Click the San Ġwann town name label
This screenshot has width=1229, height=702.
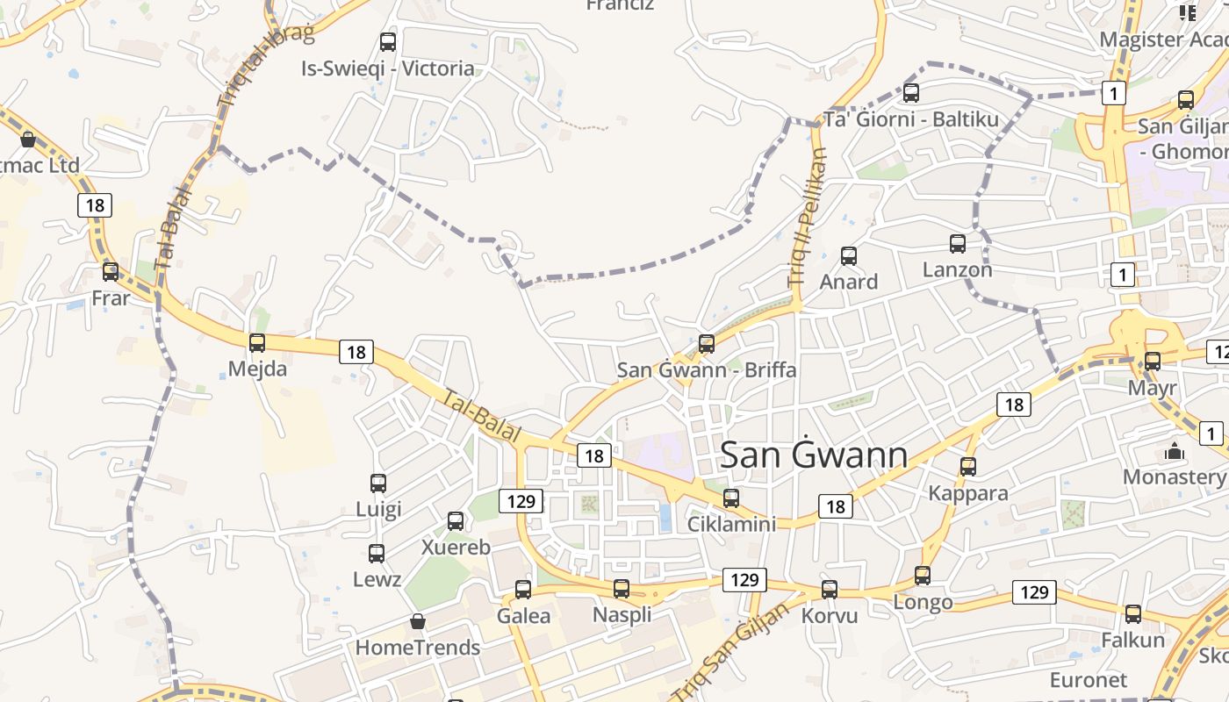coord(814,455)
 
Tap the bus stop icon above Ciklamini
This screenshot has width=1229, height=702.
coord(731,498)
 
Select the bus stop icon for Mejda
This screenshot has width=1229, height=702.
coord(257,343)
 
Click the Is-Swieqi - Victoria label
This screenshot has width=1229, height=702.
coord(387,68)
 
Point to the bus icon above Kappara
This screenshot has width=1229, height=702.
coord(968,467)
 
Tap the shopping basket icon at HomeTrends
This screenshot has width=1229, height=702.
coord(418,621)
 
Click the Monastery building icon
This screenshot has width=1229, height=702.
coord(1174,452)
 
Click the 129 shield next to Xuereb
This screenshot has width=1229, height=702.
coord(521,501)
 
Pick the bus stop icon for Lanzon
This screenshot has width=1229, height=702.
coord(958,244)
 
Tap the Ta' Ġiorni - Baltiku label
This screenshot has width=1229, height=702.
coord(911,119)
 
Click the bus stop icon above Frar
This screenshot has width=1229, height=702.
coord(111,272)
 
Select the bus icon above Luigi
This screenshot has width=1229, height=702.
coord(378,483)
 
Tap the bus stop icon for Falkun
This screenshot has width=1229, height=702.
coord(1133,614)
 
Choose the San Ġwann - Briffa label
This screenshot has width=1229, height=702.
coord(707,369)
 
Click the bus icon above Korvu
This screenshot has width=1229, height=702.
coord(830,590)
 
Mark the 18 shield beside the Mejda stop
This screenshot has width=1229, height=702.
coord(356,352)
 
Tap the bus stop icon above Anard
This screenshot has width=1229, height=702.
coord(849,256)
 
